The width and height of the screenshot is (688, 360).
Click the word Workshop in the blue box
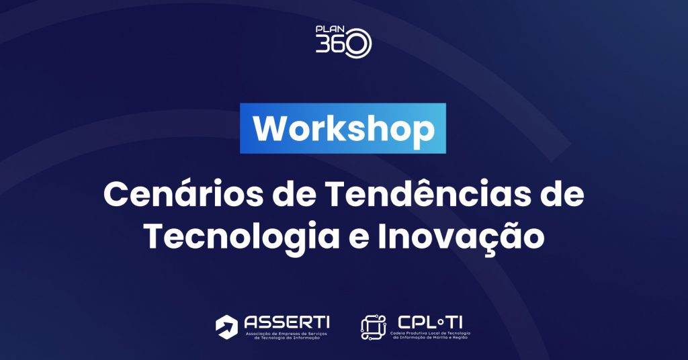(x=343, y=129)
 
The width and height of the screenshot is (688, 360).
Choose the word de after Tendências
(x=563, y=194)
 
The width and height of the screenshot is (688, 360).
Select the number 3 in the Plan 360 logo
(x=322, y=45)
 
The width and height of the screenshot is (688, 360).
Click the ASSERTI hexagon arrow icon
(x=227, y=326)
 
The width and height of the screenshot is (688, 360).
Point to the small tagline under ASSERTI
(x=286, y=336)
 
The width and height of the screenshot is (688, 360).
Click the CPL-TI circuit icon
(x=374, y=327)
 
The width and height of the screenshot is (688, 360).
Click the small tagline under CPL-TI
(x=430, y=335)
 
